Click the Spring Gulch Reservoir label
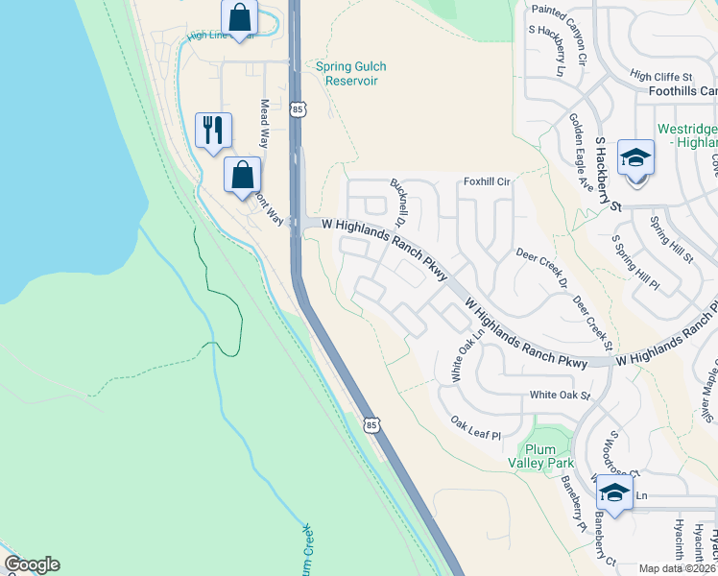click(347, 74)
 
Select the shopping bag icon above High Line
click(238, 16)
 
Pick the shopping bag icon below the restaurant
click(243, 174)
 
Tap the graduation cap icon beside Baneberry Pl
click(613, 493)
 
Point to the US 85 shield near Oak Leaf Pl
click(372, 423)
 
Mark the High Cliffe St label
click(661, 77)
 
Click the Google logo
click(32, 564)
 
